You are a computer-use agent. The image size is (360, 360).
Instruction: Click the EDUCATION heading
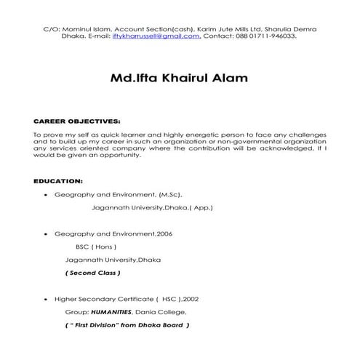(59, 180)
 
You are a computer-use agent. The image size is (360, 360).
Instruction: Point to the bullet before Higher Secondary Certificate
(47, 299)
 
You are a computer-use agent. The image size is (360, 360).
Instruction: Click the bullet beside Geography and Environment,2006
(47, 234)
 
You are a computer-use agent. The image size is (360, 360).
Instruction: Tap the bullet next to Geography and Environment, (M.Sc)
(47, 195)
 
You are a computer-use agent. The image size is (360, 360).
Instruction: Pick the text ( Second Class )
(93, 273)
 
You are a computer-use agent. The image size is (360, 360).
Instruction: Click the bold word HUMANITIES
(111, 311)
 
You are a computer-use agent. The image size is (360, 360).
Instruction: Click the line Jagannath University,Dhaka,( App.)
(152, 207)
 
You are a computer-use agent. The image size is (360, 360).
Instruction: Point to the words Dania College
(164, 311)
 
